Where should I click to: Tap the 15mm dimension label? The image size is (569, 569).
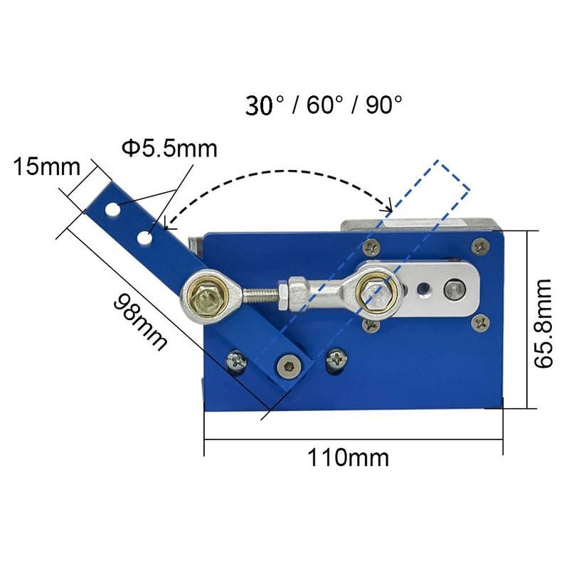click(x=44, y=167)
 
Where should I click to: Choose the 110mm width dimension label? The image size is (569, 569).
click(x=349, y=457)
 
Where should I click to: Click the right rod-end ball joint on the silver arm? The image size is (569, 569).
click(x=371, y=289)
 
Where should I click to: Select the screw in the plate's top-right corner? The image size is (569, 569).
click(x=482, y=247)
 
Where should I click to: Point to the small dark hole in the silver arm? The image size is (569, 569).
click(x=424, y=289)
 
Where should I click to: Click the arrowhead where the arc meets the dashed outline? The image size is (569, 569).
click(x=389, y=208)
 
